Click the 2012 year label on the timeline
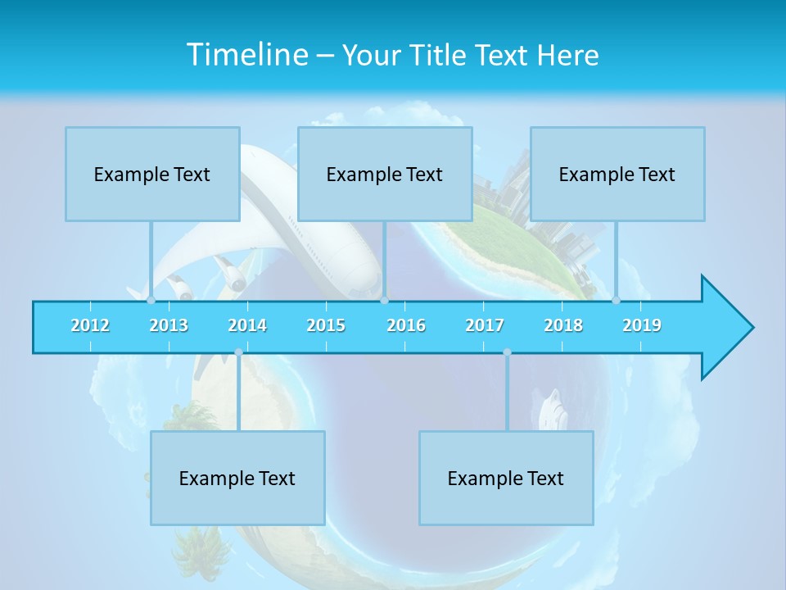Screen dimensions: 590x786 (x=90, y=325)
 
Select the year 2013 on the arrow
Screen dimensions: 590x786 (x=169, y=325)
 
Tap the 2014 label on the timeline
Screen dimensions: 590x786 (x=247, y=325)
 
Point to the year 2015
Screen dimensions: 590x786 (x=326, y=325)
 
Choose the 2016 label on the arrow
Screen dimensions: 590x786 (x=406, y=325)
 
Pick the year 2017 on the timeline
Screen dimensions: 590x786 (x=485, y=325)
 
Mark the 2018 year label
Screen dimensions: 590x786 (x=563, y=325)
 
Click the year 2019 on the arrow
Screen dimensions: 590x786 (x=642, y=325)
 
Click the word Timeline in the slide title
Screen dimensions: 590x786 (x=246, y=55)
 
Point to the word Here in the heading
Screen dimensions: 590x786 (x=568, y=56)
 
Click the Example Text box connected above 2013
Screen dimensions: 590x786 (x=152, y=174)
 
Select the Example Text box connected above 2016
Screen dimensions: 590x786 (x=385, y=174)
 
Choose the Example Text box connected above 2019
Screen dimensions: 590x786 (x=617, y=174)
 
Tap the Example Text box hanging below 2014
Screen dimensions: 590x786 (x=237, y=478)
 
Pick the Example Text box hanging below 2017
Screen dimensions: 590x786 (x=506, y=478)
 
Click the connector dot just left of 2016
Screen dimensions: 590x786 (x=384, y=301)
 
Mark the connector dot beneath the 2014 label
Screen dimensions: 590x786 (x=238, y=352)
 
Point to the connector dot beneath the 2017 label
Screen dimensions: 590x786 (x=507, y=352)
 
